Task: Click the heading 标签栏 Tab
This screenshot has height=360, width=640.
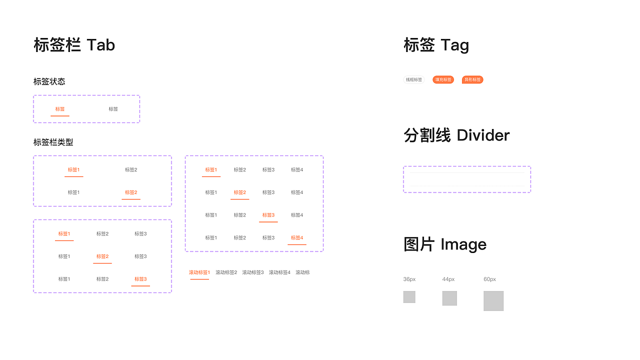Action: point(74,45)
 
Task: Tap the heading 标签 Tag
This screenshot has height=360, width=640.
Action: point(436,45)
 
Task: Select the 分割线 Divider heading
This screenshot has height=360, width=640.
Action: point(456,135)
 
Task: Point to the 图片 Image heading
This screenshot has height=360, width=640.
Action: point(445,244)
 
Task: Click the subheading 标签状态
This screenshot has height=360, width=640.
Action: point(49,81)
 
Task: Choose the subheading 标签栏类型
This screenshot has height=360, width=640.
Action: point(53,142)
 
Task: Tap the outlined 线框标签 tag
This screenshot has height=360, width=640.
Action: point(414,79)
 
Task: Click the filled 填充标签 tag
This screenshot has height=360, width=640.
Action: point(443,79)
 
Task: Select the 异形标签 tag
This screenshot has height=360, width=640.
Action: point(472,79)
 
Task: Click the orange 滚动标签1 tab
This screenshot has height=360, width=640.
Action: point(199,272)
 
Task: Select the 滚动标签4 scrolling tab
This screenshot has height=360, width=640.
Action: point(279,272)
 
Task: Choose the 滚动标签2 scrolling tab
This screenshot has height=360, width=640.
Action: point(226,272)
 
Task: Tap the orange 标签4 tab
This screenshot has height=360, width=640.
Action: point(297,238)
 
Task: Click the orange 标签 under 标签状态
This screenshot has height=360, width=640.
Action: point(60,109)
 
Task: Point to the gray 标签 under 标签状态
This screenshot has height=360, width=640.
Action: point(113,109)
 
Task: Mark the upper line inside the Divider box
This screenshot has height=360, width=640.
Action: point(466,172)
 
